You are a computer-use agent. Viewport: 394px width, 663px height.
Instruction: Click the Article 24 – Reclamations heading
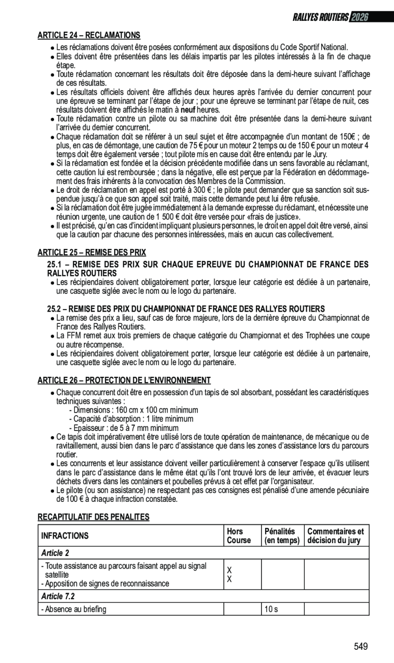point(89,35)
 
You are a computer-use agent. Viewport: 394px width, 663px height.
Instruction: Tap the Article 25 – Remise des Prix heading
point(92,252)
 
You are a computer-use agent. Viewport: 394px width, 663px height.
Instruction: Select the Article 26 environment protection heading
point(124,380)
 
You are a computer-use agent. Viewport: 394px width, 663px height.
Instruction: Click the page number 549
point(360,647)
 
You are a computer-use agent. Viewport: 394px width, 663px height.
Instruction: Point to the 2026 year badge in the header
point(359,17)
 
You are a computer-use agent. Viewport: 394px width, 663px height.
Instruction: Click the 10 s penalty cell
point(271,609)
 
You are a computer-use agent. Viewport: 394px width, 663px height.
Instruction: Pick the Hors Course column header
point(238,535)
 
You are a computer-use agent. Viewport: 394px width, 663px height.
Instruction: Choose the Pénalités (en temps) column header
point(282,535)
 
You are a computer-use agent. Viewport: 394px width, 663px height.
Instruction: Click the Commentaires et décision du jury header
point(335,535)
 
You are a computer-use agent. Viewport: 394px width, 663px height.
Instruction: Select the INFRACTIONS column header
point(65,535)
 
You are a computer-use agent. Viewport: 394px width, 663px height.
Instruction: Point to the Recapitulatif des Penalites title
point(93,517)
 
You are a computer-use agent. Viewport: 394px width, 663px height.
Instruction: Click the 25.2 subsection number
point(54,309)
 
